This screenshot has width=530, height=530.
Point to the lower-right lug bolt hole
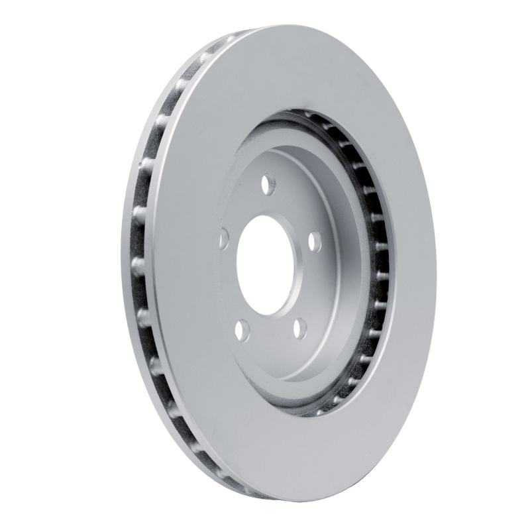[299, 328]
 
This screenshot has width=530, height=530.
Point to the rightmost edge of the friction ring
[436, 265]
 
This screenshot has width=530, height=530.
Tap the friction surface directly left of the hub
[185, 265]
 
